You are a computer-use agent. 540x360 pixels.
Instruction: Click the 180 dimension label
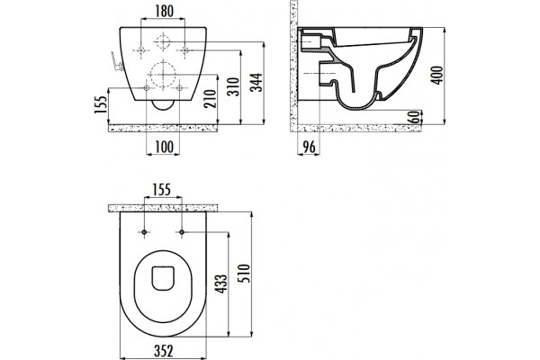pos(164,12)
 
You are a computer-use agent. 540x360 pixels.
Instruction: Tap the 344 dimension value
pos(256,82)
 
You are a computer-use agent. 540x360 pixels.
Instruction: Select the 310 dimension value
pos(234,86)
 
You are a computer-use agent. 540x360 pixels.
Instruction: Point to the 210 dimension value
pos(210,98)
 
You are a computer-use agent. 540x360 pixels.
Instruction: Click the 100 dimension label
pos(164,147)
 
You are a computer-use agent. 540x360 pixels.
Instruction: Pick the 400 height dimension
pos(437,75)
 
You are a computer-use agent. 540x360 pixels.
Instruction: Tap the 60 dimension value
pos(416,117)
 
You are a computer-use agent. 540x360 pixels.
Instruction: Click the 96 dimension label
pos(309,147)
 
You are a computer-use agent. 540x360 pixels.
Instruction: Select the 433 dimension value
pos(220,283)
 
